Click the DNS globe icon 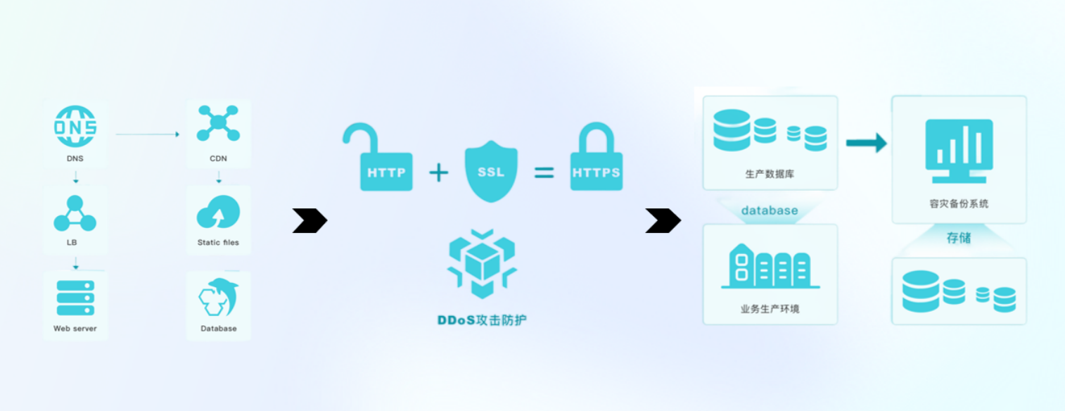click(x=75, y=127)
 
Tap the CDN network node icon click(x=218, y=123)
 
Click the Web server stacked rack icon click(x=75, y=298)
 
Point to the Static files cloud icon click(x=218, y=212)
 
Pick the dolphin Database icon click(x=218, y=298)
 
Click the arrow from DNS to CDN click(x=147, y=134)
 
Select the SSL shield click(x=491, y=171)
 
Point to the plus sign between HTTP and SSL click(x=439, y=172)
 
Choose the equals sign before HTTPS click(x=544, y=172)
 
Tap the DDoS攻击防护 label click(x=482, y=320)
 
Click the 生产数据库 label click(x=770, y=174)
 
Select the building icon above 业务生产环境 click(x=770, y=267)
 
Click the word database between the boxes click(x=770, y=210)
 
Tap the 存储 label click(x=958, y=238)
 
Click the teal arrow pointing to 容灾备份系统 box click(x=866, y=143)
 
